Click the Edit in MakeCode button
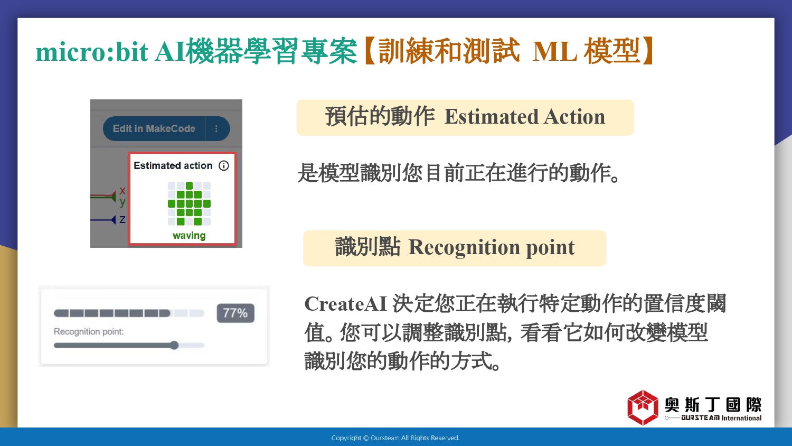pos(154,128)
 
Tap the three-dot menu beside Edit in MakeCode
pos(216,128)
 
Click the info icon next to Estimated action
pos(224,165)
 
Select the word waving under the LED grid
pos(189,235)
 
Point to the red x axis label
pos(122,190)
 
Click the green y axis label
pos(122,202)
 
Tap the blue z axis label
pos(122,219)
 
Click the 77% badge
pos(235,313)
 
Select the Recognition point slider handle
pos(174,345)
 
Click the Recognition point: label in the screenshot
pos(89,332)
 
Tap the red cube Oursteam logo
pos(643,407)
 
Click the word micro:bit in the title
pos(91,52)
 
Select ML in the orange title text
pos(554,52)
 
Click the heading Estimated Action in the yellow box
pos(525,117)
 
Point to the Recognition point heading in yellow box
pos(492,247)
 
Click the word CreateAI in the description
pos(346,304)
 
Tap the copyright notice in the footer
pos(395,438)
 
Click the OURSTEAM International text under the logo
pos(721,418)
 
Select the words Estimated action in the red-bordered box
pos(173,165)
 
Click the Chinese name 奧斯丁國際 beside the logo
pos(713,405)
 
